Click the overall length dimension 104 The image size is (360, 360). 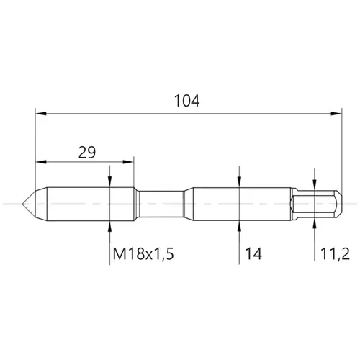point(186,101)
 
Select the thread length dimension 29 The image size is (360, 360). point(87,152)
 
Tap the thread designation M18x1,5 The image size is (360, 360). point(143,253)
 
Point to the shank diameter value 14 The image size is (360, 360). point(253,253)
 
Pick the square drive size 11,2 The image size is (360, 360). point(335,253)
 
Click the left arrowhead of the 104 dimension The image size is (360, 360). point(41,114)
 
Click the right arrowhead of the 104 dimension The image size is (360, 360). point(336,114)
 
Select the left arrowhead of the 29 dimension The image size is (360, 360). point(41,162)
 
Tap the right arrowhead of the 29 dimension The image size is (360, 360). point(128,162)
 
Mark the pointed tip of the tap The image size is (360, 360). point(22,204)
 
